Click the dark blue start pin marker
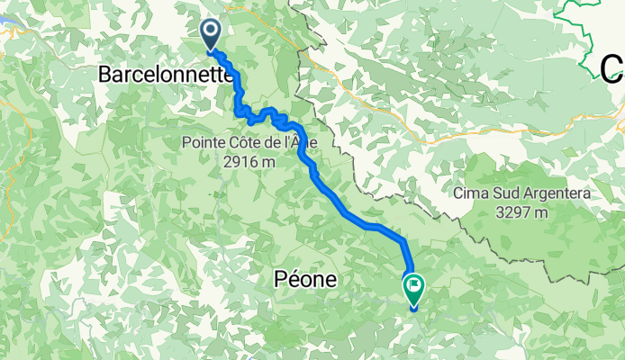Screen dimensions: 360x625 pyautogui.click(x=211, y=33)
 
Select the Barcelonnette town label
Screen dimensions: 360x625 pyautogui.click(x=164, y=76)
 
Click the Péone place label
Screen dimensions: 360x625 pyautogui.click(x=304, y=280)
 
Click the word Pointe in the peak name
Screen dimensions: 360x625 pyautogui.click(x=203, y=142)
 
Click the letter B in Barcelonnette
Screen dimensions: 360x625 pyautogui.click(x=104, y=76)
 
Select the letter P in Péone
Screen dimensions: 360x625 pyautogui.click(x=277, y=280)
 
